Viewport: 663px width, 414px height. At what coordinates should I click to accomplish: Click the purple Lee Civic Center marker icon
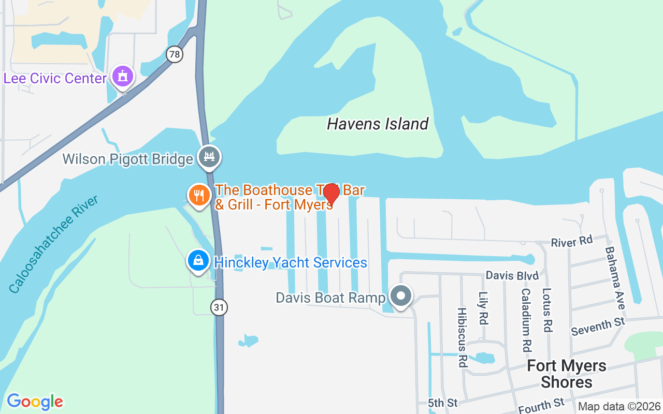(x=123, y=77)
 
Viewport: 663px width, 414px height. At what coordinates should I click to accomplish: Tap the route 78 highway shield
(x=175, y=54)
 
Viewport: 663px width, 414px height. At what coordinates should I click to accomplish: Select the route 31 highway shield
(x=219, y=307)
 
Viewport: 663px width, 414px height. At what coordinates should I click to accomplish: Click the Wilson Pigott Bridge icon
(x=209, y=157)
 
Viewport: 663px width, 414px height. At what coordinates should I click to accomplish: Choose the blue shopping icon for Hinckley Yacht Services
(x=198, y=260)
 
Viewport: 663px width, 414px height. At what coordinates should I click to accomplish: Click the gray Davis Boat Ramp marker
(x=400, y=297)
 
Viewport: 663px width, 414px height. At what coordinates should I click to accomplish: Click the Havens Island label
(x=378, y=124)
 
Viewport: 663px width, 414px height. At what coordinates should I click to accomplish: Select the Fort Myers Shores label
(x=567, y=374)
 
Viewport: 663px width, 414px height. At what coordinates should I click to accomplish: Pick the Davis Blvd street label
(x=512, y=275)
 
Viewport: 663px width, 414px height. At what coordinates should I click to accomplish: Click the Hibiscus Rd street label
(x=462, y=337)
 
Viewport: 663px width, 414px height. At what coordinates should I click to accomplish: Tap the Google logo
(x=35, y=402)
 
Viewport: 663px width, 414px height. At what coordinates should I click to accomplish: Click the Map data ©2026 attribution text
(x=619, y=407)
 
